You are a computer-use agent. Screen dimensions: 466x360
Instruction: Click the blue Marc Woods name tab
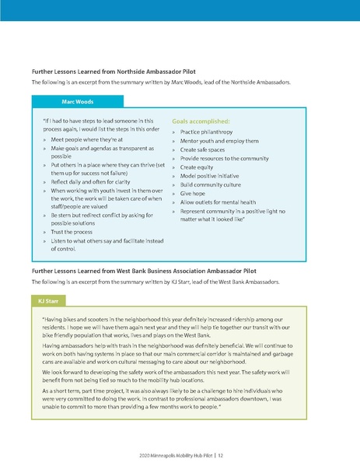(x=77, y=101)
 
